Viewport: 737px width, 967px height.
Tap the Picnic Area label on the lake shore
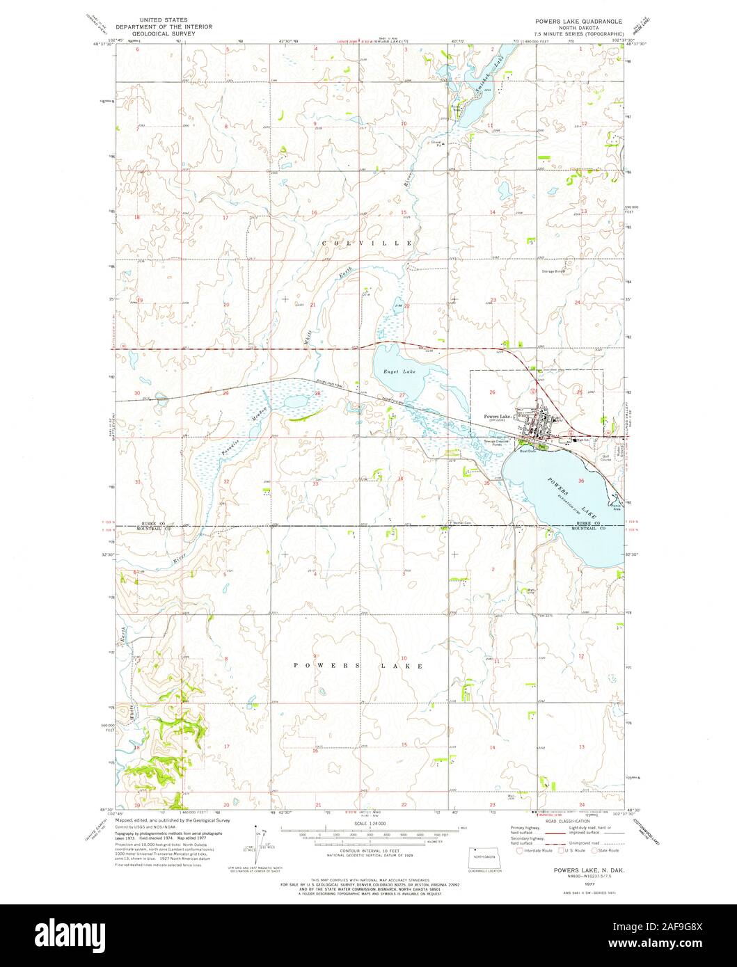pyautogui.click(x=617, y=508)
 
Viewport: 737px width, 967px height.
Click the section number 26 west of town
pyautogui.click(x=492, y=392)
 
